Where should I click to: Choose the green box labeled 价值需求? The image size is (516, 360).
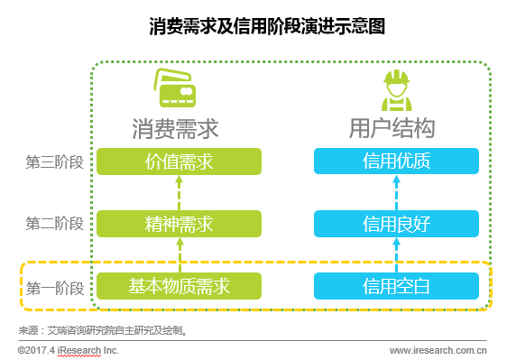pyautogui.click(x=179, y=162)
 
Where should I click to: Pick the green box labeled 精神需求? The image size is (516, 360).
pyautogui.click(x=179, y=222)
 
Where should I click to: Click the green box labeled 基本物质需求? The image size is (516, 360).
pyautogui.click(x=179, y=287)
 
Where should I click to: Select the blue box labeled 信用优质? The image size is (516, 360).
pyautogui.click(x=395, y=162)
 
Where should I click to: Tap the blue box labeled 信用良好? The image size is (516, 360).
pyautogui.click(x=395, y=222)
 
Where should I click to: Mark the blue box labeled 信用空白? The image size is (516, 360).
pyautogui.click(x=395, y=287)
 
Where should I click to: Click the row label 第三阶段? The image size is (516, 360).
pyautogui.click(x=55, y=162)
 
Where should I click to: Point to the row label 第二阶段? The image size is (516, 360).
pyautogui.click(x=55, y=223)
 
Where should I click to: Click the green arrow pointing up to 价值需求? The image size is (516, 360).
pyautogui.click(x=179, y=191)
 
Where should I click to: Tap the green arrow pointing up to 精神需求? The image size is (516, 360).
pyautogui.click(x=179, y=254)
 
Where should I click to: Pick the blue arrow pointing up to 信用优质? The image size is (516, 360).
pyautogui.click(x=395, y=191)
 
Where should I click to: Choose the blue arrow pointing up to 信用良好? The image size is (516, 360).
pyautogui.click(x=395, y=254)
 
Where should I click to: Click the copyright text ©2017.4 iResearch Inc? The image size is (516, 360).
pyautogui.click(x=69, y=349)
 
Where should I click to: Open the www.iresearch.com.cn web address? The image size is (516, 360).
pyautogui.click(x=438, y=349)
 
